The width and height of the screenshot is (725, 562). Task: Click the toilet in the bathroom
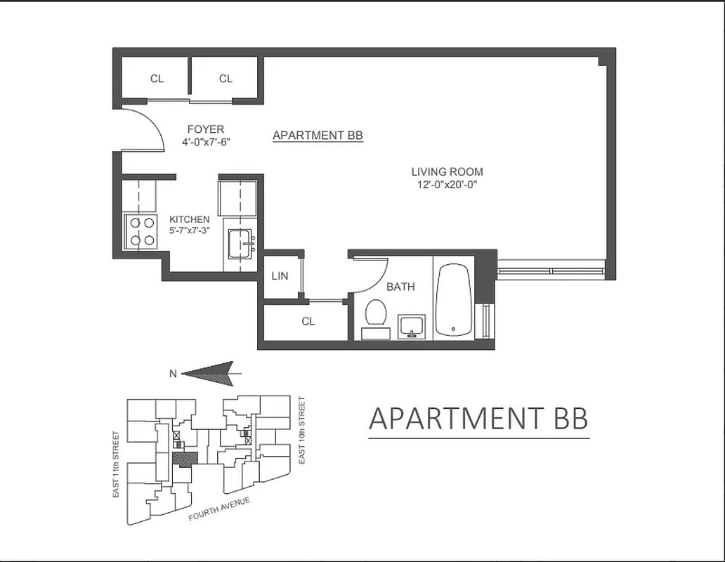pos(377,313)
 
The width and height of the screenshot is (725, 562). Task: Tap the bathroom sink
pos(412,327)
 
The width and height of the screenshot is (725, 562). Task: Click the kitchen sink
pos(241,243)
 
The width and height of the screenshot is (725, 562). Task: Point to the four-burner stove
pos(141,232)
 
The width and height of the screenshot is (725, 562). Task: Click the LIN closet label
pos(280,276)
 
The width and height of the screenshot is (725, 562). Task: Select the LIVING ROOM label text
pos(447,171)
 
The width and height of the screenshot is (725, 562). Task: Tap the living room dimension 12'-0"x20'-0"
pos(447,185)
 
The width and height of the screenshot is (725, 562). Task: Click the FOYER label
pos(205,129)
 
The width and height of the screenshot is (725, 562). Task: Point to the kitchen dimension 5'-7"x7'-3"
pos(189,230)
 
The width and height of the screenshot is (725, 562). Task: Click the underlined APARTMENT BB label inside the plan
pos(318,136)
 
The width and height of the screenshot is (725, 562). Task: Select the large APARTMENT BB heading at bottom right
pos(478,419)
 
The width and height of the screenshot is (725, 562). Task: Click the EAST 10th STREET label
pos(302,430)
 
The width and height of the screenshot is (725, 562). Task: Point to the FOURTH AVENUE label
pos(220,508)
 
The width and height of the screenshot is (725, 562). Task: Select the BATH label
pos(400,287)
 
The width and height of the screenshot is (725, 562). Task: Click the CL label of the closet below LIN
pos(308,321)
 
